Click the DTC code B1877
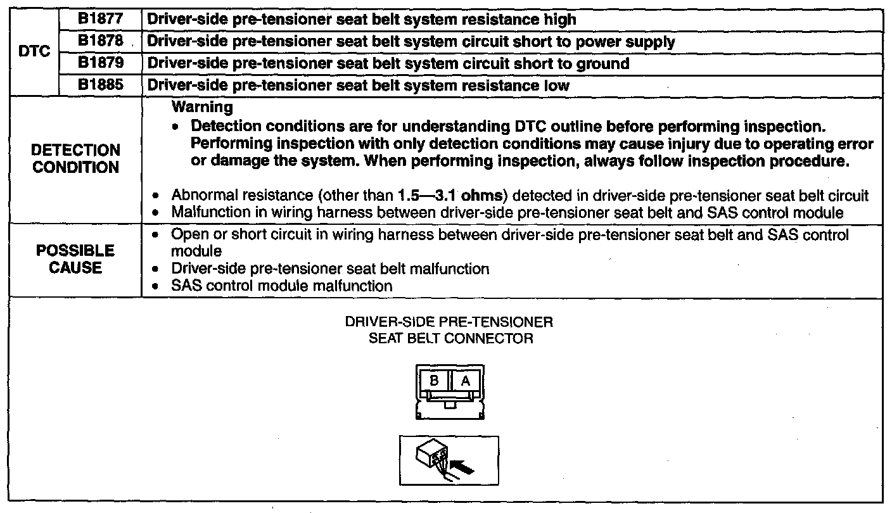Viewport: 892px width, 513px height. tap(100, 19)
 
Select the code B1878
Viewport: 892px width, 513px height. tap(100, 41)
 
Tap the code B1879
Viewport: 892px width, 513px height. tap(100, 63)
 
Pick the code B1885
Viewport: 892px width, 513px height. tap(100, 85)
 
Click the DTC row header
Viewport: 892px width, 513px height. tap(34, 52)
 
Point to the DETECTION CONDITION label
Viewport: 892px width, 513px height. tap(75, 159)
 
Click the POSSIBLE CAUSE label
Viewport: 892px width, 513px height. tap(75, 260)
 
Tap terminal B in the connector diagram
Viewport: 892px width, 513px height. tap(435, 381)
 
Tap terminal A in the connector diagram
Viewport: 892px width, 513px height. tap(465, 381)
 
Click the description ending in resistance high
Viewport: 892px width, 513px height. tap(361, 19)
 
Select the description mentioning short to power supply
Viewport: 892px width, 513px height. tap(411, 42)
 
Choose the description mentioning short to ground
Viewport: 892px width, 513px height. tap(388, 63)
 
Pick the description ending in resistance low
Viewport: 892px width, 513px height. tap(358, 85)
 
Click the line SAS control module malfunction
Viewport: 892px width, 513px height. tap(282, 286)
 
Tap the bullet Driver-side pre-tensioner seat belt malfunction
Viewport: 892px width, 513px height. tap(330, 269)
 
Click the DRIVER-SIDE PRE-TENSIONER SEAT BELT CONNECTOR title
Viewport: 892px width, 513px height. tap(449, 330)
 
